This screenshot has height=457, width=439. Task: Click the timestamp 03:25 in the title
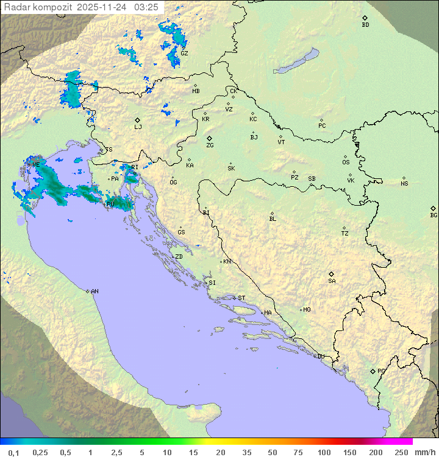148,7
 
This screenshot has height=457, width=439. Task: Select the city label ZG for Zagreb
210,145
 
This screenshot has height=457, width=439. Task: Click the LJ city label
138,127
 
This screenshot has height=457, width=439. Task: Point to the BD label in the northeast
365,25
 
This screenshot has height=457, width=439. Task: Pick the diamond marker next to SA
332,274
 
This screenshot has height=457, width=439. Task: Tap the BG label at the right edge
434,215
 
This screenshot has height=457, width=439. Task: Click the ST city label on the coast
241,298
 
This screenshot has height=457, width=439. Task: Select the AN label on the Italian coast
95,291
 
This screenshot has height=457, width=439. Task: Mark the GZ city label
184,53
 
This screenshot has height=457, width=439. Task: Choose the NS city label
404,184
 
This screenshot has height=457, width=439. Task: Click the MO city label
307,310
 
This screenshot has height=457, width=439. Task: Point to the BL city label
273,219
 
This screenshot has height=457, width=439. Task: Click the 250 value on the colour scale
401,452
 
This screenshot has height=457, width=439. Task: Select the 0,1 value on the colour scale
13,452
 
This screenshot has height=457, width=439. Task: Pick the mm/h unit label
424,452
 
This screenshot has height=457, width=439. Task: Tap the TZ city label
345,234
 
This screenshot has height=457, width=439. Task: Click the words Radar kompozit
38,7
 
